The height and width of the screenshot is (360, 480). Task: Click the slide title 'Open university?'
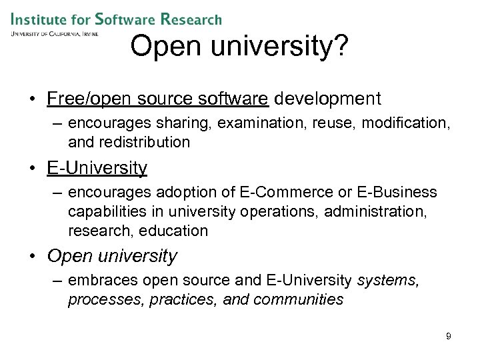pos(238,47)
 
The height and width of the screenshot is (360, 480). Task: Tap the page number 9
pos(449,336)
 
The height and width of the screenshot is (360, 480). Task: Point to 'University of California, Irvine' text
pos(54,33)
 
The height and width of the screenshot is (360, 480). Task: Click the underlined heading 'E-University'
pos(97,168)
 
